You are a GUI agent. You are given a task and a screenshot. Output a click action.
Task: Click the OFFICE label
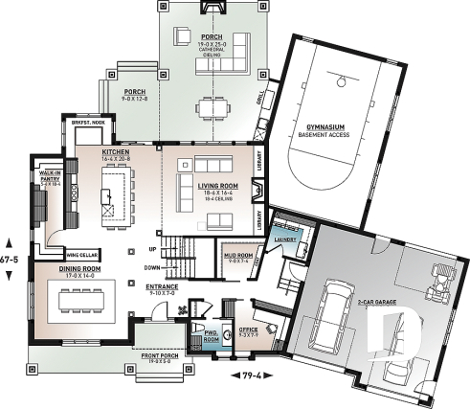click(x=247, y=329)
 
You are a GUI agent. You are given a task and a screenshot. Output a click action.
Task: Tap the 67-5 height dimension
click(x=11, y=258)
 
